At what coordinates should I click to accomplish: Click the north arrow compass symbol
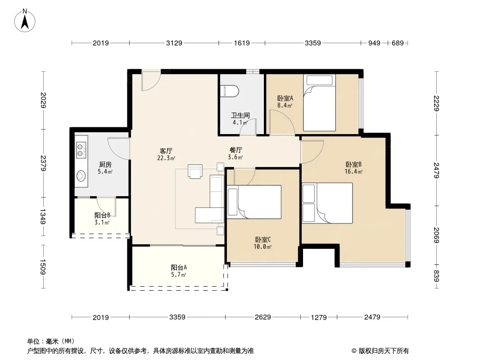click(25, 21)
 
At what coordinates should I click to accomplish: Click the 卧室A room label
click(285, 98)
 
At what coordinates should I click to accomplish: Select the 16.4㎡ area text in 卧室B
click(353, 171)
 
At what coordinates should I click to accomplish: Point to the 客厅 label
click(166, 151)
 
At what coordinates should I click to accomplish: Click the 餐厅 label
click(235, 150)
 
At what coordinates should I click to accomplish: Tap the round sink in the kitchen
click(81, 175)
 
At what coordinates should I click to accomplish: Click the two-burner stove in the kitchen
click(81, 150)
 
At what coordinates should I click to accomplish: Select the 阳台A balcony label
click(179, 267)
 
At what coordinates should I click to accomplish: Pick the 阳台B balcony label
click(102, 216)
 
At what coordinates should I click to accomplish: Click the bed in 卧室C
click(254, 202)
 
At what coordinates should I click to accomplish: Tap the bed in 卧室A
click(319, 103)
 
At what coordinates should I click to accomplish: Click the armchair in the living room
click(195, 171)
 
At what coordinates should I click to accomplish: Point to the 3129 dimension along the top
click(174, 43)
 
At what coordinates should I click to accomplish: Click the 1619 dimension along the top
click(242, 43)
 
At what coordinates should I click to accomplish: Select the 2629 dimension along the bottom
click(263, 317)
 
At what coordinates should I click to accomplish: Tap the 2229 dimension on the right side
click(436, 103)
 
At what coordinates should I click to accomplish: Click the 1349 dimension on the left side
click(43, 216)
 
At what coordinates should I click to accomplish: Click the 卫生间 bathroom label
click(240, 115)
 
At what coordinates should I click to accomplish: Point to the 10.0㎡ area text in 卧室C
click(263, 247)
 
